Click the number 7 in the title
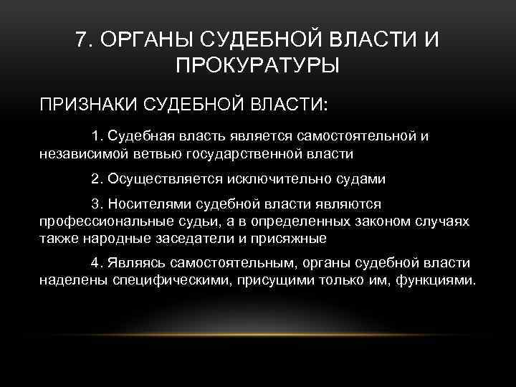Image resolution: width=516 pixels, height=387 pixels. coord(80,40)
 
